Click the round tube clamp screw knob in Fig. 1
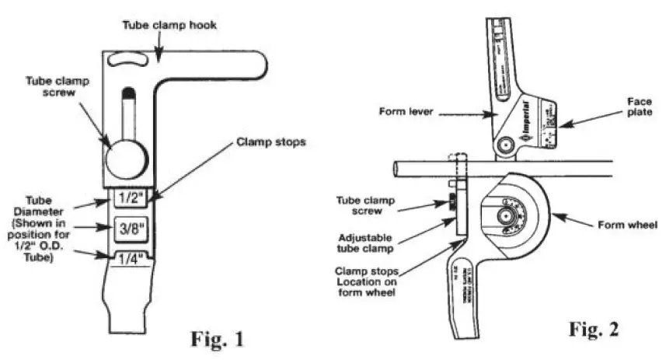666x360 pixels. tap(126, 159)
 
